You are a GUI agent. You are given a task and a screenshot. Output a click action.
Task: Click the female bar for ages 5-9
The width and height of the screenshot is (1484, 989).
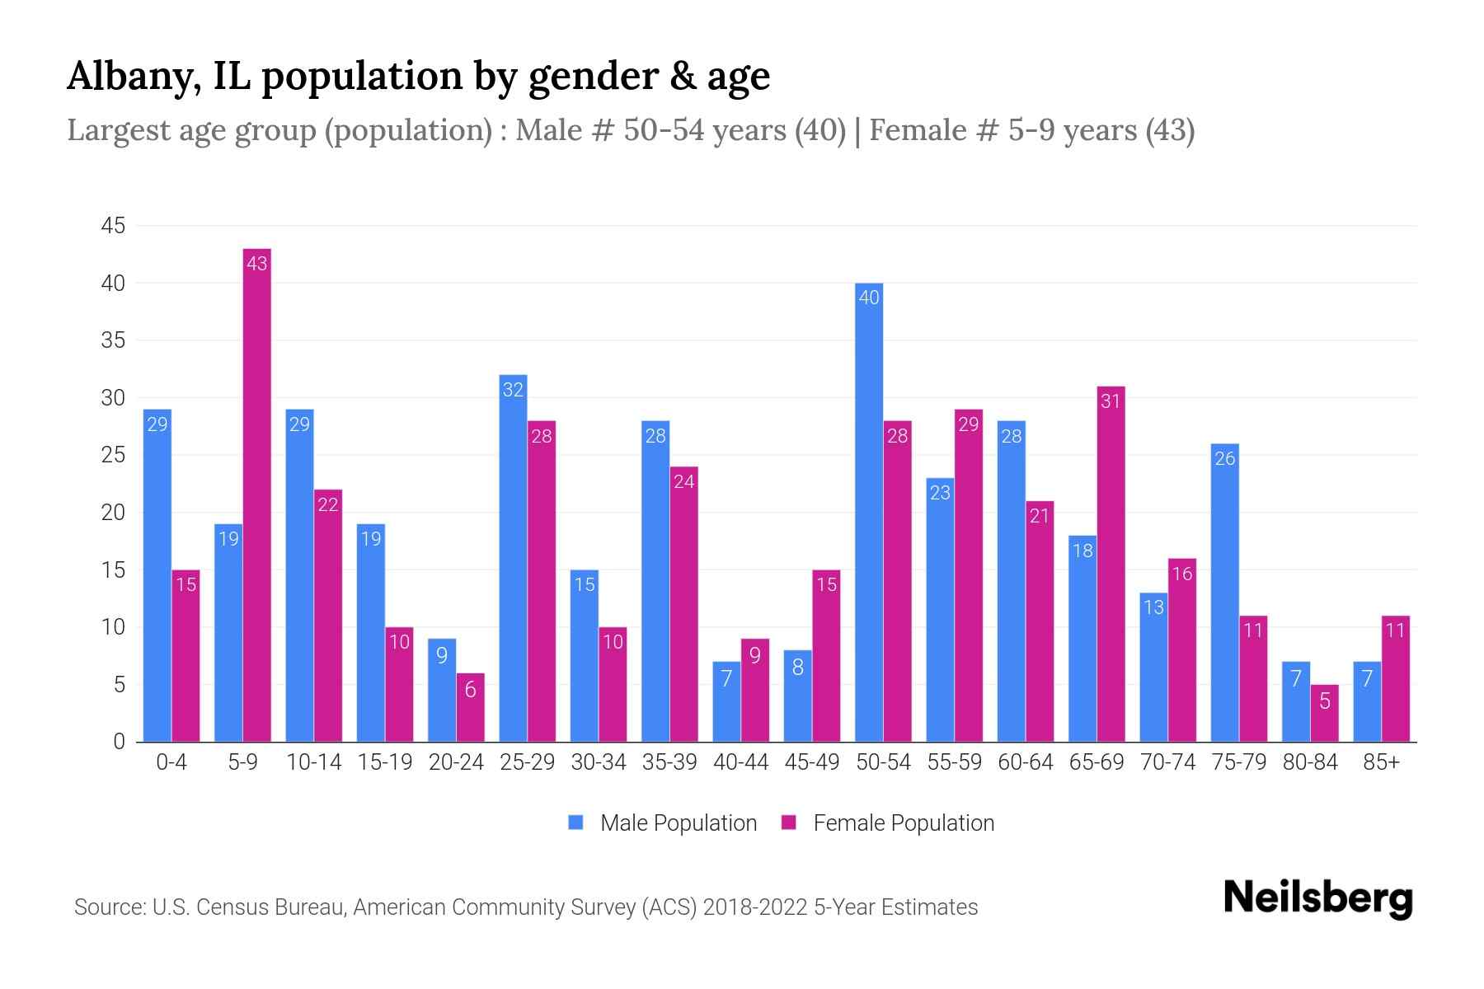(x=257, y=494)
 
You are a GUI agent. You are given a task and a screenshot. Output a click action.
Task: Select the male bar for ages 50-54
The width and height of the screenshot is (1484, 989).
(x=869, y=511)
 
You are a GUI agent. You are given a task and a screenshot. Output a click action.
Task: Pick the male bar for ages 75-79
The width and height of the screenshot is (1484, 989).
(x=1225, y=593)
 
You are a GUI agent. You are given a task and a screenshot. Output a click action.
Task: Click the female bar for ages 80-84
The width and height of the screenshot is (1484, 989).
(x=1324, y=714)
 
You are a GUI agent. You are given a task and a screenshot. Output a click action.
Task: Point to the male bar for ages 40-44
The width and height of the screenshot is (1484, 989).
(x=726, y=701)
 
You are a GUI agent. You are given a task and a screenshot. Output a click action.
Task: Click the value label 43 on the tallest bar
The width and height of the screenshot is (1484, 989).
(x=257, y=264)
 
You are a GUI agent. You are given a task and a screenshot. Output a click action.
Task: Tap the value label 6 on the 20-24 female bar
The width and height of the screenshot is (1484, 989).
(x=470, y=690)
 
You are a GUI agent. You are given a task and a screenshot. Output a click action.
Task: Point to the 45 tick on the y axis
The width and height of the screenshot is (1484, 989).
(x=113, y=226)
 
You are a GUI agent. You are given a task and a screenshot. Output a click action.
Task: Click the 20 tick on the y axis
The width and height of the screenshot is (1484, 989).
(x=113, y=513)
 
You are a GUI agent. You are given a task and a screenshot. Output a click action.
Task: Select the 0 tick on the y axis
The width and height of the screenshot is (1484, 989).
(x=120, y=742)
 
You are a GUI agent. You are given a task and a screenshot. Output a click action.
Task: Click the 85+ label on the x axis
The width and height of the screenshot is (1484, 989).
(x=1381, y=762)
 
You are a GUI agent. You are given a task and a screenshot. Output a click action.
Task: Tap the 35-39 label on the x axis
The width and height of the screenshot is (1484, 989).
(x=669, y=762)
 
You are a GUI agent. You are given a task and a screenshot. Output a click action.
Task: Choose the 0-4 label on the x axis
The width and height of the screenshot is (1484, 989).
(x=171, y=762)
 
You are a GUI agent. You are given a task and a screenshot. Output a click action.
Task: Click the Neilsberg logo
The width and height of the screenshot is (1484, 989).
(x=1317, y=898)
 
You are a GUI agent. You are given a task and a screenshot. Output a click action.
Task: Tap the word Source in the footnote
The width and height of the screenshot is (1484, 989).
(x=108, y=907)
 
